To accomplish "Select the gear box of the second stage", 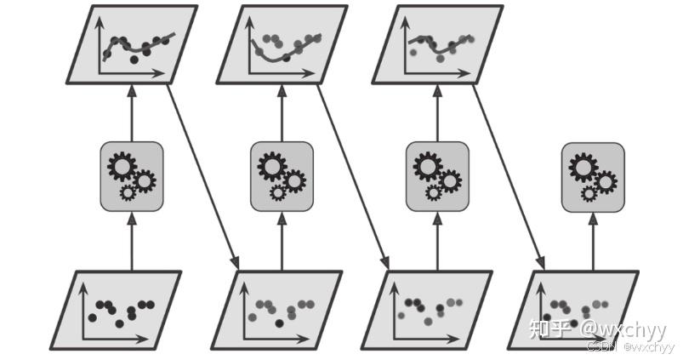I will (282, 177).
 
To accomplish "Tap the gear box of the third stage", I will (437, 177).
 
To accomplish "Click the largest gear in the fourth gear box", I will (583, 167).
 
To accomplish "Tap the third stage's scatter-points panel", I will (428, 311).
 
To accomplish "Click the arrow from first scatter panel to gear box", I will (132, 243).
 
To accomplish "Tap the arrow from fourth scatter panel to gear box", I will (593, 243).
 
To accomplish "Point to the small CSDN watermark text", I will (602, 347).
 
